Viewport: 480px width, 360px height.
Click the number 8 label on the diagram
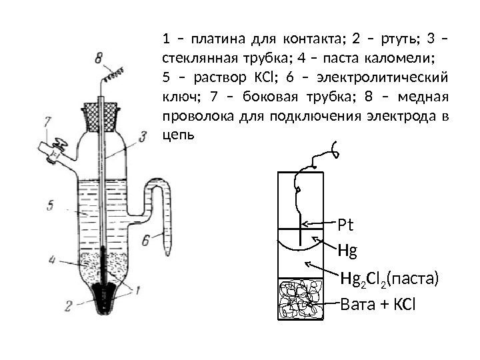tap(98, 59)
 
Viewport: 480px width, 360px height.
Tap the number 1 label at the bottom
tap(138, 290)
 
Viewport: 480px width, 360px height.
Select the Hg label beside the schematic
tap(347, 251)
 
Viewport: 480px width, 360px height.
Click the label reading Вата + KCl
tap(377, 306)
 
